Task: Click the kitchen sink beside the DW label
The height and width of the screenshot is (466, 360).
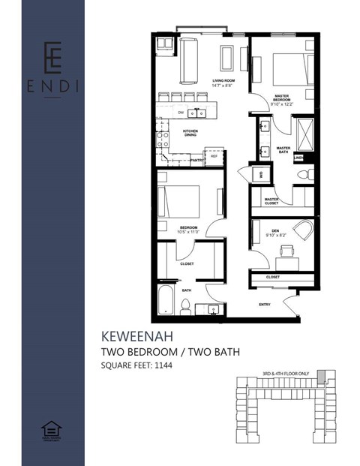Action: click(x=200, y=113)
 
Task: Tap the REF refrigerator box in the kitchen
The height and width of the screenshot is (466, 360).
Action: click(x=214, y=157)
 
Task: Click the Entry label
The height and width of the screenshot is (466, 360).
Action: click(x=264, y=304)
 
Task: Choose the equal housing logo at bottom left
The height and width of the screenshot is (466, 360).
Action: click(x=52, y=428)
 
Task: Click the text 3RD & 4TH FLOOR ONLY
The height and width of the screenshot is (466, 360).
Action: click(x=285, y=373)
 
